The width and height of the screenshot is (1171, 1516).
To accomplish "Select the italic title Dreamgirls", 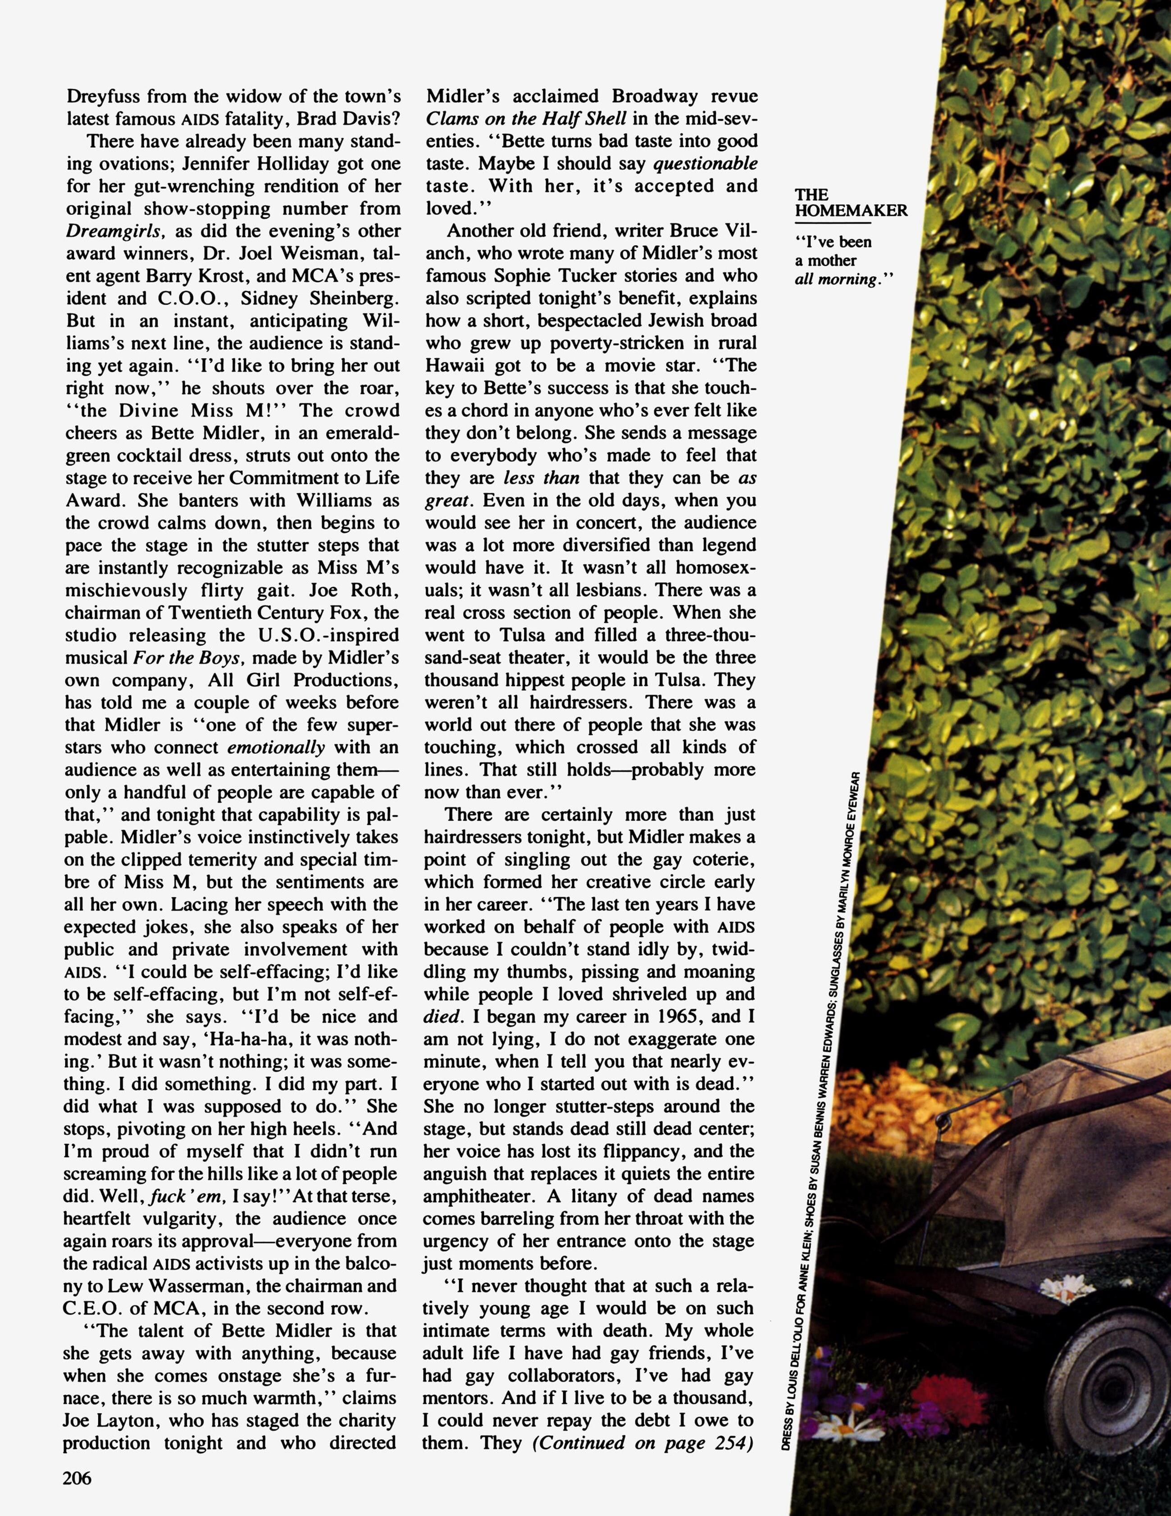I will (115, 231).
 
